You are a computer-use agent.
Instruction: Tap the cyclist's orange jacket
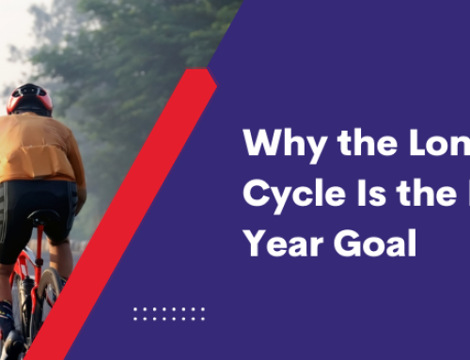41,155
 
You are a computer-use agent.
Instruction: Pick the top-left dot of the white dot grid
135,308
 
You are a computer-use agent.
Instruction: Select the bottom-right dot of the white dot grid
202,319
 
